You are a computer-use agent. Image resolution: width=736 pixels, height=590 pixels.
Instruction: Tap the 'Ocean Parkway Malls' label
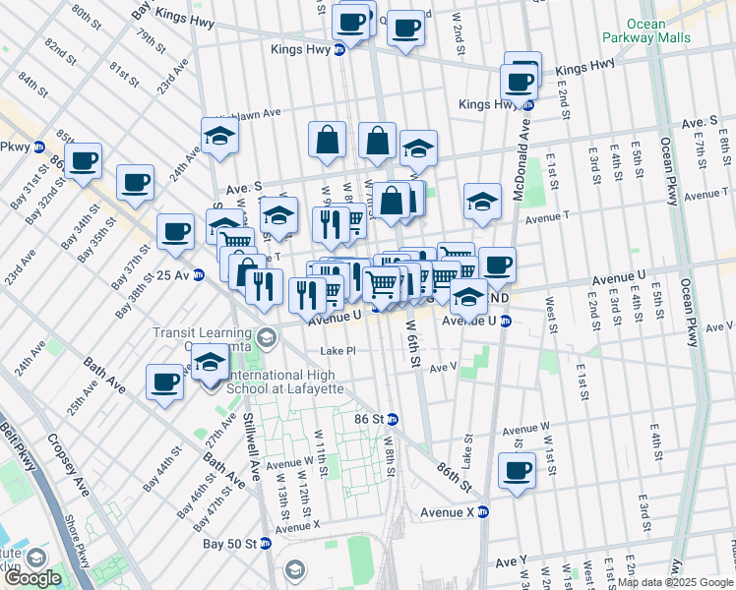[657, 31]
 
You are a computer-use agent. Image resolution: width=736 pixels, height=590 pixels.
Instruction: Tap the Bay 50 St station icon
[266, 543]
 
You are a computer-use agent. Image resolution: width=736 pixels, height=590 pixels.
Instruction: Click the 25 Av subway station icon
[200, 274]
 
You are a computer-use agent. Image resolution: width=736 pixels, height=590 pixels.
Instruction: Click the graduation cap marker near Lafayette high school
[210, 364]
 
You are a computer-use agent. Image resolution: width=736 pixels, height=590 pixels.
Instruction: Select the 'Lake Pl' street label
[337, 350]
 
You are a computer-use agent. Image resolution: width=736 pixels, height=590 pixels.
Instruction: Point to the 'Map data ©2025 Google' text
[675, 582]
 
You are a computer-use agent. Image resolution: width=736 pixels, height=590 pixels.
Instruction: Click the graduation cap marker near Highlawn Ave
[220, 136]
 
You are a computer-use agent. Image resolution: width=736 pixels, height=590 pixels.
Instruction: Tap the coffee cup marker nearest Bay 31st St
[84, 160]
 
